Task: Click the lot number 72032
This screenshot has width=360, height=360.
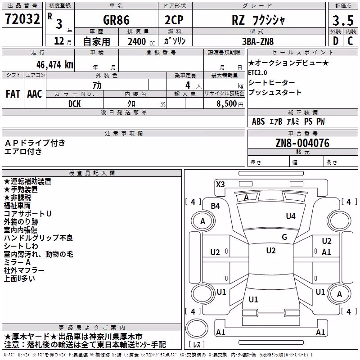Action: click(x=22, y=19)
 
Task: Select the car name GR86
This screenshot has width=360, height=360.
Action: click(x=116, y=20)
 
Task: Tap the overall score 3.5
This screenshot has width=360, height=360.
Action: click(x=343, y=20)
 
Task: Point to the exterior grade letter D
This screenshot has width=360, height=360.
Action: click(x=336, y=41)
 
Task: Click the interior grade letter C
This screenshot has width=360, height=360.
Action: click(x=350, y=41)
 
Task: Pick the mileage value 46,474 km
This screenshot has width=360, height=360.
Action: click(x=55, y=65)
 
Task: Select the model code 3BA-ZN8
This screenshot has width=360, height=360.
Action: click(x=258, y=41)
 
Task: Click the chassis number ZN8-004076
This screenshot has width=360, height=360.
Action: click(x=302, y=143)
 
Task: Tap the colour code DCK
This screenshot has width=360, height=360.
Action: click(x=75, y=104)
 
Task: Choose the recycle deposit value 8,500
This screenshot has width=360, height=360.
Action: click(x=227, y=104)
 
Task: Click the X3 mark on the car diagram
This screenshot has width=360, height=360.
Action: click(x=220, y=184)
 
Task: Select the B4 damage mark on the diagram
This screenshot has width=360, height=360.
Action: click(x=216, y=206)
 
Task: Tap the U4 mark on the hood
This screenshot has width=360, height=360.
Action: click(x=291, y=216)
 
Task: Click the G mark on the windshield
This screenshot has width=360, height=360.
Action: click(x=284, y=237)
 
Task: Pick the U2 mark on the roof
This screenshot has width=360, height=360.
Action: click(x=271, y=251)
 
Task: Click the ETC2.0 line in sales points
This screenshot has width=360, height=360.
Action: click(x=257, y=73)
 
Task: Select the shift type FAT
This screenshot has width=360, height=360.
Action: click(x=13, y=94)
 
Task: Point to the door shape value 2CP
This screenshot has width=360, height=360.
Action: click(x=174, y=20)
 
